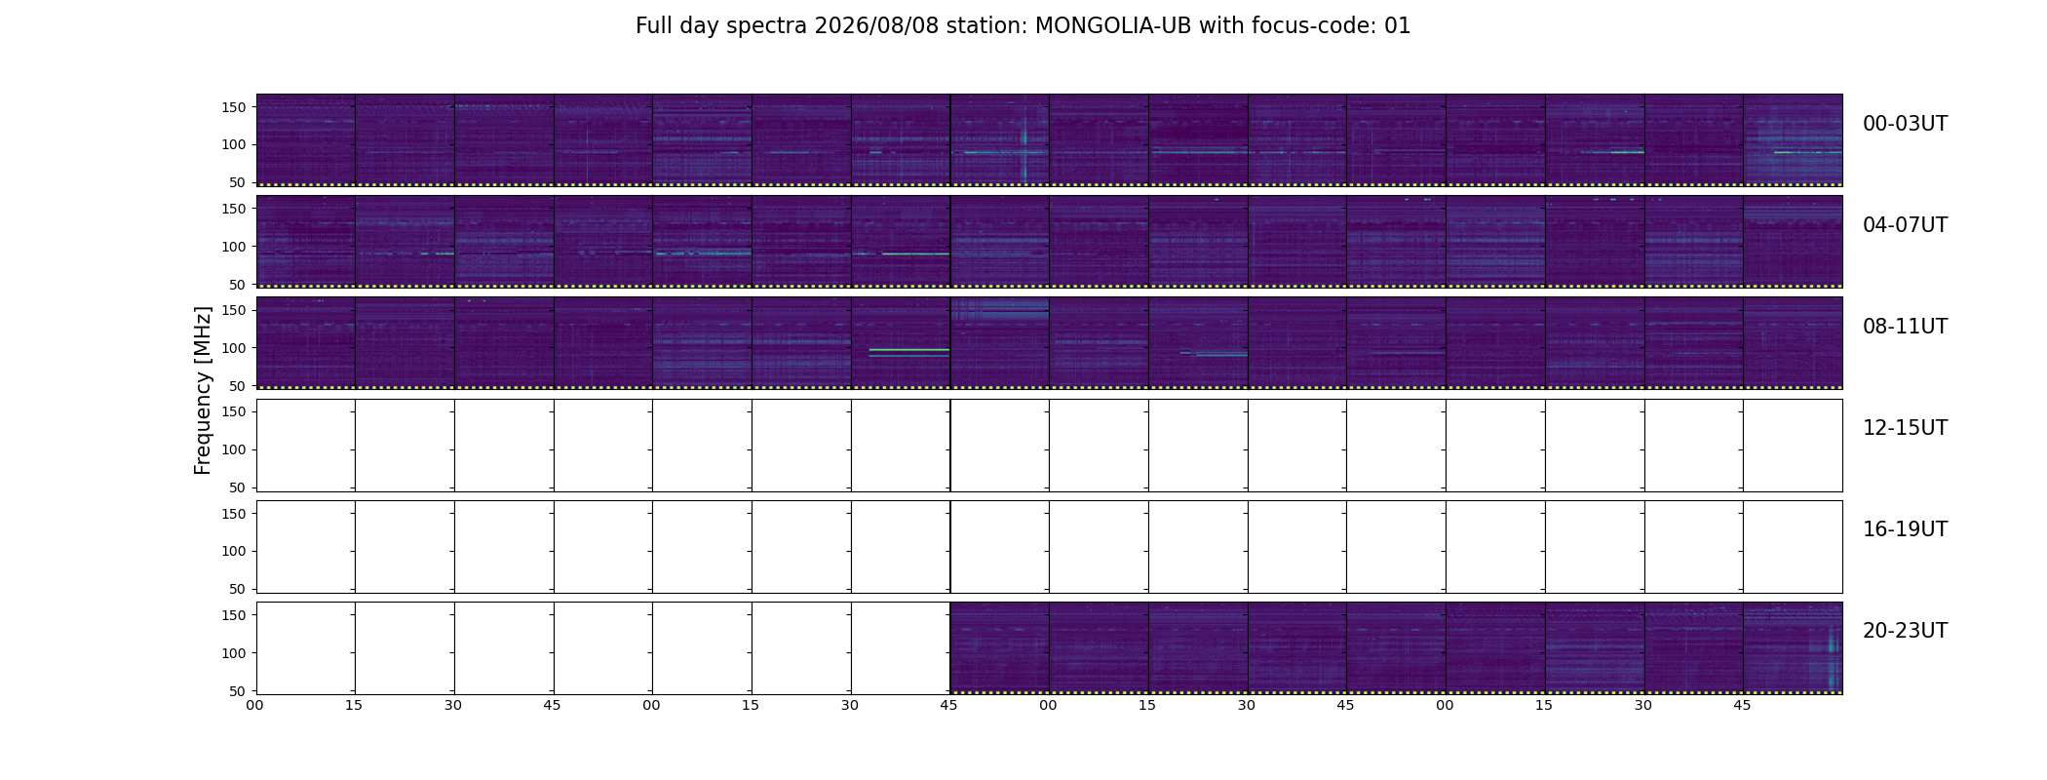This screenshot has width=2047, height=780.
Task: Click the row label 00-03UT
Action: click(x=1905, y=124)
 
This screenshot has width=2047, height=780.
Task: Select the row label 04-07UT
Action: click(x=1905, y=225)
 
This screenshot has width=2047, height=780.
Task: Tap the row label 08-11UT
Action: click(x=1905, y=327)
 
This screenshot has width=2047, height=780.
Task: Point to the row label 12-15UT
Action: click(x=1905, y=428)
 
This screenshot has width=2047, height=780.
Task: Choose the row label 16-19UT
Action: click(x=1905, y=529)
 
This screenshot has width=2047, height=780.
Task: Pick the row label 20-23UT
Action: click(x=1905, y=631)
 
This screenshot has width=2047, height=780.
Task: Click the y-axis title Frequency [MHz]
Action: click(x=203, y=390)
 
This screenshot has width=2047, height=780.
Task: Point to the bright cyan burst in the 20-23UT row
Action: click(x=1832, y=659)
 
